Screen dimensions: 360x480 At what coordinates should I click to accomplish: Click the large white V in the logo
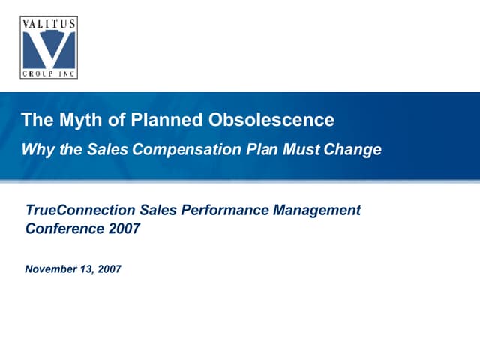[49, 48]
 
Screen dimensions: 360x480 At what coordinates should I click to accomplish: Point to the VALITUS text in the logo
[49, 23]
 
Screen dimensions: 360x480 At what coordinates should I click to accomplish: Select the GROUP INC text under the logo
[49, 73]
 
